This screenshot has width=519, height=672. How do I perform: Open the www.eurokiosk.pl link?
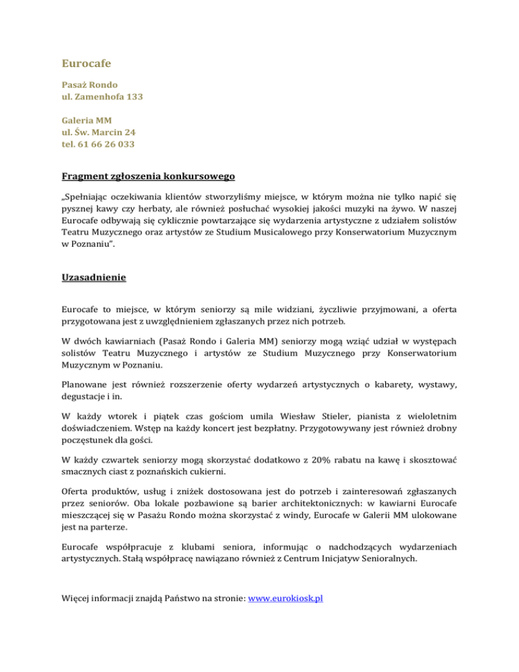287,598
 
